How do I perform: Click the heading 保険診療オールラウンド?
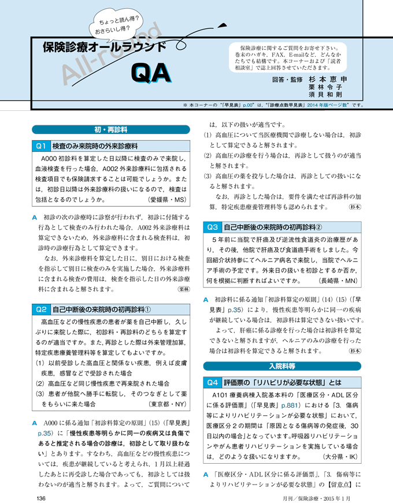tap(103, 47)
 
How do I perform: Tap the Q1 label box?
tap(41, 146)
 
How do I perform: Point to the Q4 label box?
tap(213, 382)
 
